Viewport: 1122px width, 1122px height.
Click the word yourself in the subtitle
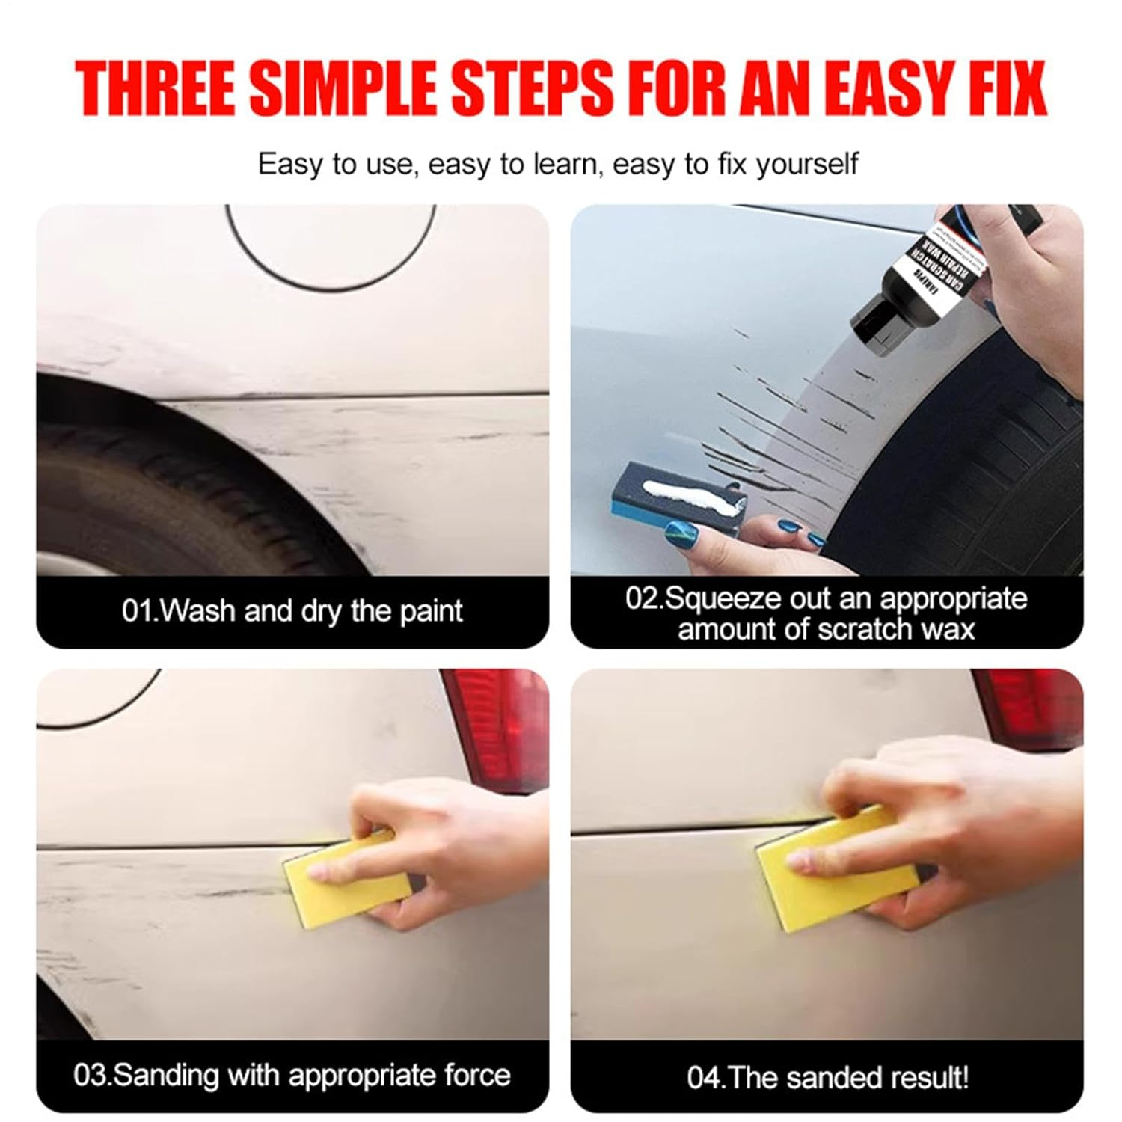tap(807, 164)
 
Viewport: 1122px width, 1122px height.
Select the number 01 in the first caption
tap(138, 612)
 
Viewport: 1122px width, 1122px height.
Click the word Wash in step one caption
tap(198, 612)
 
